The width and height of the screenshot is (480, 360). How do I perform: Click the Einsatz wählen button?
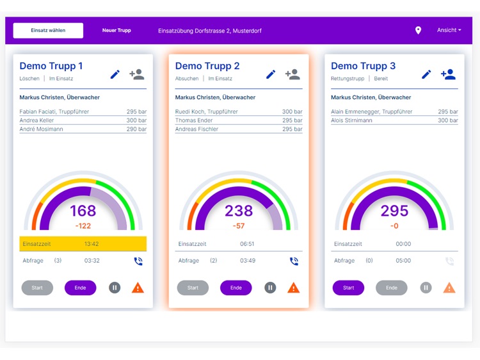(48, 31)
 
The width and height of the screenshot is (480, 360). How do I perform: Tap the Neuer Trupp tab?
(116, 31)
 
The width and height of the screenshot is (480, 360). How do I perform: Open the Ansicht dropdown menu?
(449, 30)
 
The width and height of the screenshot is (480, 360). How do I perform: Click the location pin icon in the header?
(418, 31)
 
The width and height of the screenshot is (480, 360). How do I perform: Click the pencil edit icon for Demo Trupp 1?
(115, 74)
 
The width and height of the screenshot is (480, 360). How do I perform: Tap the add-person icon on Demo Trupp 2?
(292, 74)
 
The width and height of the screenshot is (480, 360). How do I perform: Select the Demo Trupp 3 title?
(363, 66)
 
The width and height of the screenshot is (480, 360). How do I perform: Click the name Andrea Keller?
(37, 120)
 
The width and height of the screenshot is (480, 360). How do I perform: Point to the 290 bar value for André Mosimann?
(136, 129)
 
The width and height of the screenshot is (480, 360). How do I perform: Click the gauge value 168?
(83, 211)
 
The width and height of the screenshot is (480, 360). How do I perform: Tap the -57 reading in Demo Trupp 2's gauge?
(239, 226)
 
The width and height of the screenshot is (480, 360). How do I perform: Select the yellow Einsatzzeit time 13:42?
(92, 244)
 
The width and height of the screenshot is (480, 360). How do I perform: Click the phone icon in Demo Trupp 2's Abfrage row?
(294, 261)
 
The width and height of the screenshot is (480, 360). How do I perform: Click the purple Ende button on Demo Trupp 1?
(80, 288)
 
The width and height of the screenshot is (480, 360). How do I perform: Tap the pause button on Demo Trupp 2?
(270, 288)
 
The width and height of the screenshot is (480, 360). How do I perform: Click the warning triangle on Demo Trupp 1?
(138, 288)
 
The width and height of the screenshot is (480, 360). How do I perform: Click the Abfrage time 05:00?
(403, 261)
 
